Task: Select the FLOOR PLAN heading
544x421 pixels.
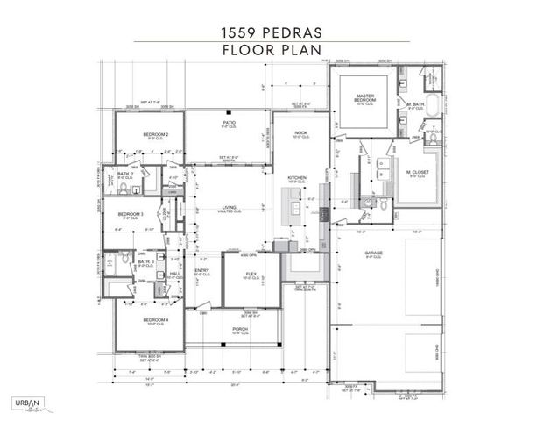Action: pos(272,50)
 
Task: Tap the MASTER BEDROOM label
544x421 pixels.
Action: pos(364,96)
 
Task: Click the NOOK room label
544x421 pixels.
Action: pos(300,133)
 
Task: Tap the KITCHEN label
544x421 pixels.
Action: pos(297,178)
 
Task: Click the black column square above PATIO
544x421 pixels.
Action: pos(227,111)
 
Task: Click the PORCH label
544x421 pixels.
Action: pos(238,330)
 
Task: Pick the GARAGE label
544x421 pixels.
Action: pos(374,253)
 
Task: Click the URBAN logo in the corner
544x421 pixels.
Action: pos(28,403)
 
